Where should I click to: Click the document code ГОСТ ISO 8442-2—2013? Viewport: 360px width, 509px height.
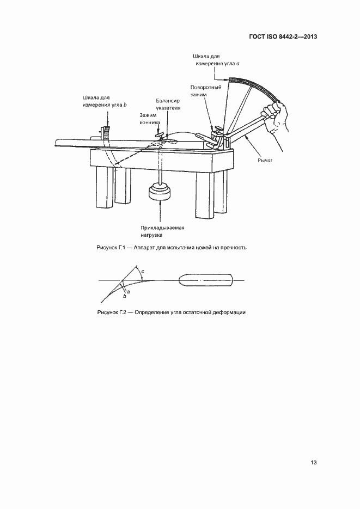[x=283, y=37]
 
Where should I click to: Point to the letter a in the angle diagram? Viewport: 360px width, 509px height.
[x=127, y=292]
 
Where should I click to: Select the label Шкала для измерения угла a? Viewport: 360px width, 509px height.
[x=217, y=60]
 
